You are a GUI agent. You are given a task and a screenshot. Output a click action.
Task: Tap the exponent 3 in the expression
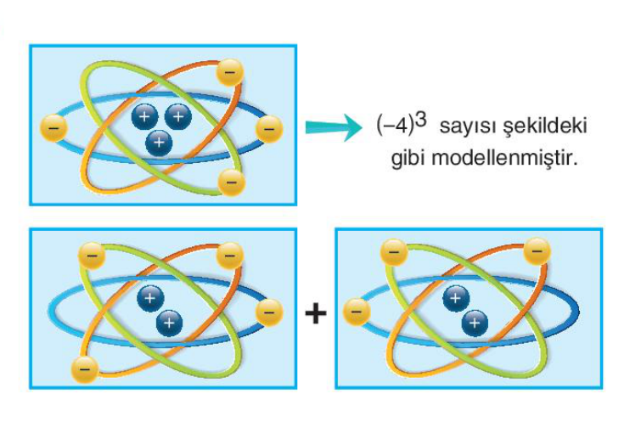pos(421,120)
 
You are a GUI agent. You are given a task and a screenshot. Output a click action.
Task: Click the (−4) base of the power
pos(395,127)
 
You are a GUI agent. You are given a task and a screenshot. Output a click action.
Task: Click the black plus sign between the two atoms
pos(316,313)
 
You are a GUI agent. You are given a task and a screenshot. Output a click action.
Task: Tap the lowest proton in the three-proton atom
pos(158,143)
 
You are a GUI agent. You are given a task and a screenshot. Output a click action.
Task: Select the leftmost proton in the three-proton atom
pos(144,117)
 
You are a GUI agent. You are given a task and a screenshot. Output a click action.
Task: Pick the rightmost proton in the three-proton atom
pos(177,115)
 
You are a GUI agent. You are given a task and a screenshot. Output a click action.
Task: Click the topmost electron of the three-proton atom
pos(229,71)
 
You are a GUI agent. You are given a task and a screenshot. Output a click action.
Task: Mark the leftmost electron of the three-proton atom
pos(53,128)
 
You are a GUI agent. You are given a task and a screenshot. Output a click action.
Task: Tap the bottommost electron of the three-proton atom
pos(230,181)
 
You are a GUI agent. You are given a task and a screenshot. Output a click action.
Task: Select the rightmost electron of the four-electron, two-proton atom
pos(269,312)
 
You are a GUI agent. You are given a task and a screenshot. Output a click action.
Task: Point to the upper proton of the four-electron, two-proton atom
pos(150,297)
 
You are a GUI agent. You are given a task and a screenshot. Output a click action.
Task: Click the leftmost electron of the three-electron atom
pos(357,313)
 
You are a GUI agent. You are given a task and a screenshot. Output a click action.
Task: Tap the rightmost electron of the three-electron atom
pos(537,250)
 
